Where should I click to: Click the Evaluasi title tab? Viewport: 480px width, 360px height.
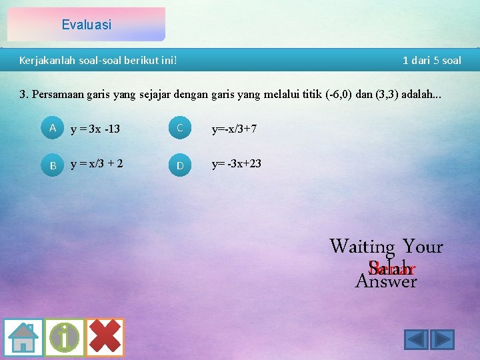point(86,25)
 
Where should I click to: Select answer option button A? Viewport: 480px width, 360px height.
point(53,127)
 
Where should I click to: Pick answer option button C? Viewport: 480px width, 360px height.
point(179,128)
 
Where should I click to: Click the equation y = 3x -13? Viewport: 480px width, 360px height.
point(95,129)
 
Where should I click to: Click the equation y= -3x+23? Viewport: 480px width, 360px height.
point(237,163)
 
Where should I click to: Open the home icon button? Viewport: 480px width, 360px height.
point(23,337)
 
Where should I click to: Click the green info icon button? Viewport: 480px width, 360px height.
point(64,337)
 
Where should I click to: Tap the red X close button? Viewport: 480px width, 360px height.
point(105,337)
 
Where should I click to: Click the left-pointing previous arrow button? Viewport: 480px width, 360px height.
point(417,339)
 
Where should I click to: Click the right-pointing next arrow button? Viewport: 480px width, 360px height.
point(442,339)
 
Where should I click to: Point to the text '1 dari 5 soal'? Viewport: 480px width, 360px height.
point(431,61)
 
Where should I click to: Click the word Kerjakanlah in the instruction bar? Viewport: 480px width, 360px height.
point(45,61)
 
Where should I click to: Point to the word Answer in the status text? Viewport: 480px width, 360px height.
point(386,281)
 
